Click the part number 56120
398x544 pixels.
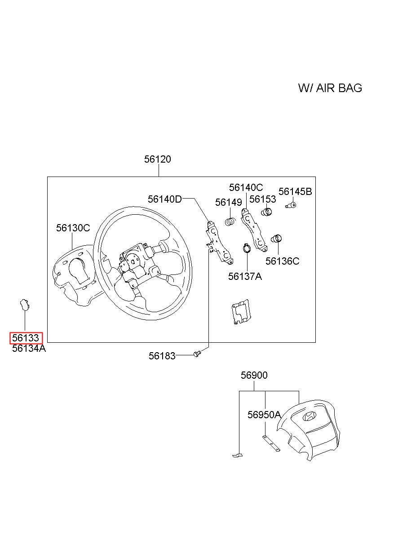tap(158, 159)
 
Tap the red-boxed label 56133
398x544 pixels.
tap(26, 338)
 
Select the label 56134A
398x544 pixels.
tap(29, 348)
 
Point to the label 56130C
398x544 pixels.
tap(73, 228)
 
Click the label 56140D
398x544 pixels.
tap(165, 199)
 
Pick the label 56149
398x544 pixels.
tap(229, 202)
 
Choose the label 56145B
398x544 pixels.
tap(295, 192)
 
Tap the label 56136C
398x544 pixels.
tap(282, 261)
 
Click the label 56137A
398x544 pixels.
tap(245, 276)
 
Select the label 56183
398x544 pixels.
tap(162, 356)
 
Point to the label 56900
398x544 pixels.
tap(254, 375)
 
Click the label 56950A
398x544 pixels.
tap(264, 415)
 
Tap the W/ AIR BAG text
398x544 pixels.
tap(330, 88)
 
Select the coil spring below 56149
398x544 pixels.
tap(230, 221)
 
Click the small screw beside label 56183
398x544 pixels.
tap(197, 354)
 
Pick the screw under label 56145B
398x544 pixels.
tap(291, 205)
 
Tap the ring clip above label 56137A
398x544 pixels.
tap(247, 248)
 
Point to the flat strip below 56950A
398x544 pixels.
tap(271, 443)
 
